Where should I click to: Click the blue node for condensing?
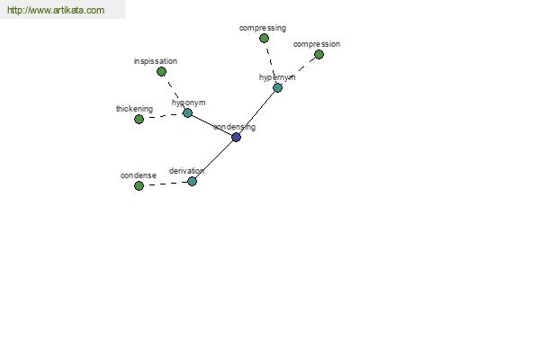coord(236,137)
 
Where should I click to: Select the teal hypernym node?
coord(277,87)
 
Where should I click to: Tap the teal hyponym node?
coord(187,112)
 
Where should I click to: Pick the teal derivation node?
coord(193,181)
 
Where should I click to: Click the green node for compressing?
coord(264,38)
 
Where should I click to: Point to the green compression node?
coord(319,54)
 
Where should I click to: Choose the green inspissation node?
coord(161,72)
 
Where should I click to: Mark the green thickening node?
coord(139,119)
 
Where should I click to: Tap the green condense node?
coord(139,185)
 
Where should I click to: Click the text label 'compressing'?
coord(263,28)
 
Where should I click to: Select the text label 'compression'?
coord(317,44)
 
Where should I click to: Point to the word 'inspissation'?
coord(156,61)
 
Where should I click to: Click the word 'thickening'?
coord(134,109)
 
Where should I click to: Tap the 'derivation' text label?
coord(186,171)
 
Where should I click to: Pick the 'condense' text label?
coord(139,175)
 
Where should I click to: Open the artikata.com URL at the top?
coord(56,10)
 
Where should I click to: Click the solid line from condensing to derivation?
coord(214,159)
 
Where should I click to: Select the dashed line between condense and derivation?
coord(166,184)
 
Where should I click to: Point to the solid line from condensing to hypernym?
coord(256,112)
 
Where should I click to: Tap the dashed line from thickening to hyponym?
coord(163,116)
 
